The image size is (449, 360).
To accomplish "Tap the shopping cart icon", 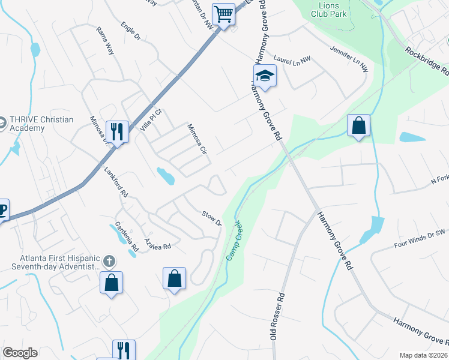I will [x=224, y=14].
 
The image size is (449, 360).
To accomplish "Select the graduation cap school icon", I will [x=264, y=76].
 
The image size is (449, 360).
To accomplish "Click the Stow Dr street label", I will [x=212, y=218].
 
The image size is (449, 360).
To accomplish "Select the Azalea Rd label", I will [x=158, y=244].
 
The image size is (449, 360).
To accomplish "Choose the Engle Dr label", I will [x=130, y=31].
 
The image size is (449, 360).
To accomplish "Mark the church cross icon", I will [x=109, y=261].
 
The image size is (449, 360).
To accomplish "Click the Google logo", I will [x=20, y=353].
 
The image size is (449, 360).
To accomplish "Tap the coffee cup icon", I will [x=2, y=209].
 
